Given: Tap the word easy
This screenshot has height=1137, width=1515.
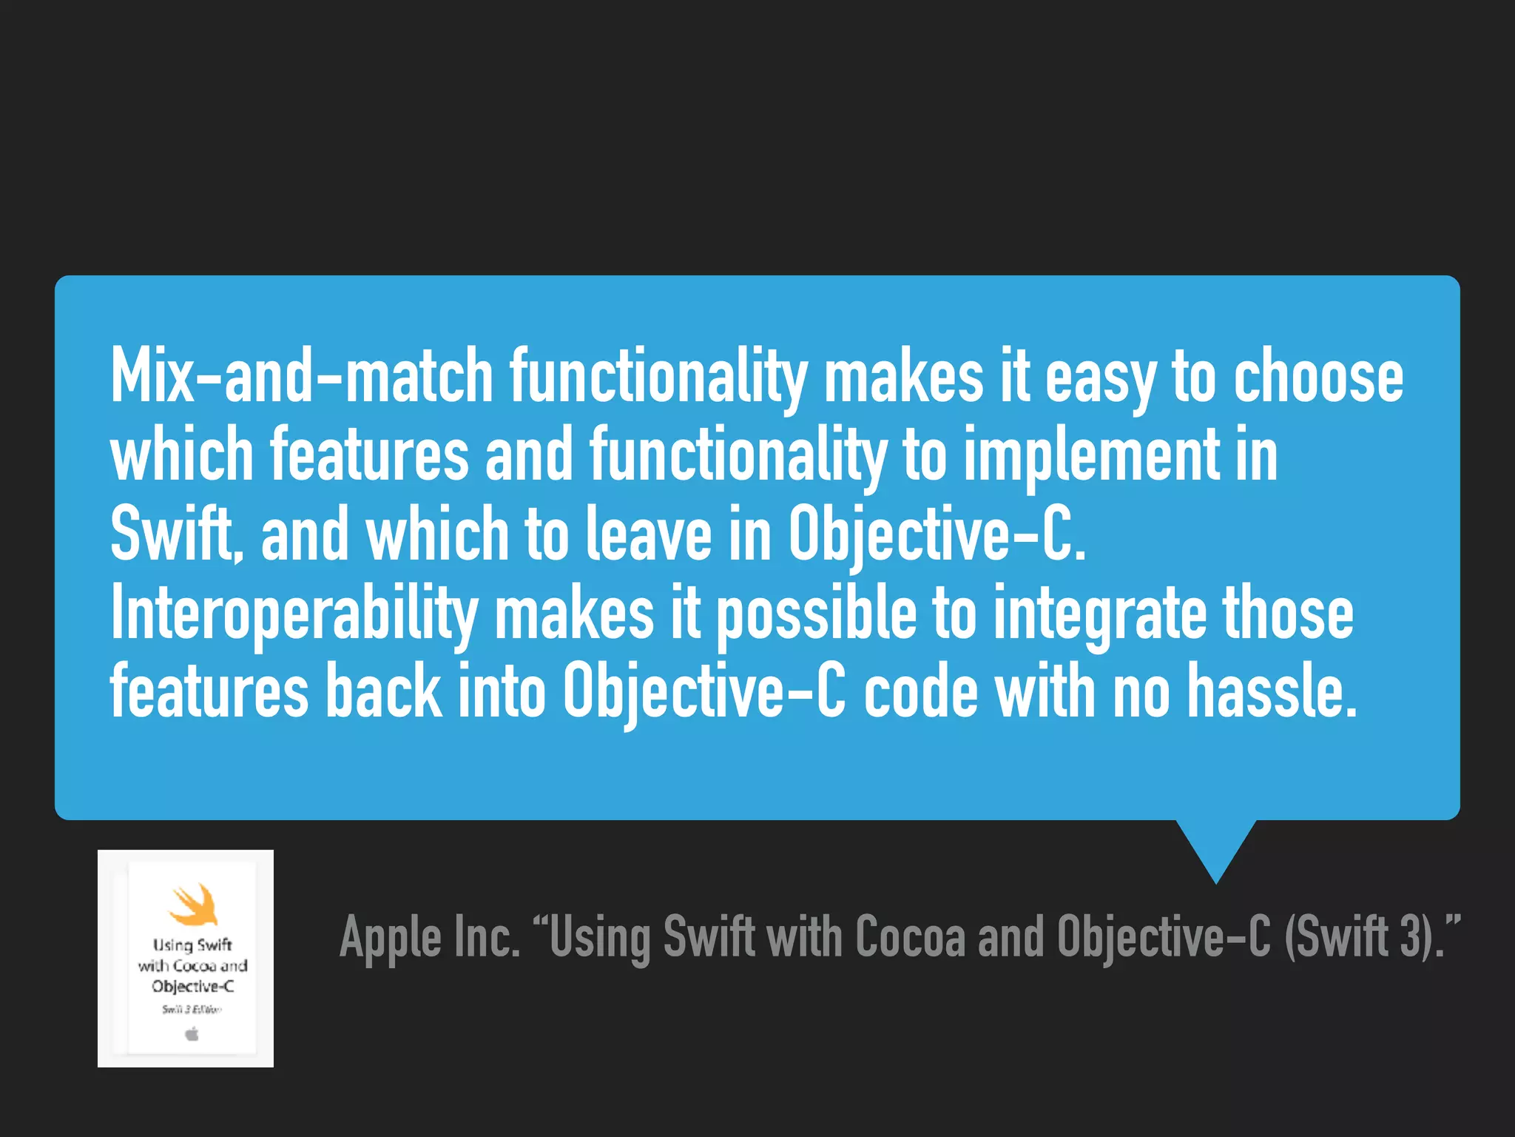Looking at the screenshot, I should click(x=1100, y=378).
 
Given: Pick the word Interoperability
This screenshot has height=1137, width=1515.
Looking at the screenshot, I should click(x=294, y=614).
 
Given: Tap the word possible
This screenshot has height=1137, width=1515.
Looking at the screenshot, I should click(x=816, y=614).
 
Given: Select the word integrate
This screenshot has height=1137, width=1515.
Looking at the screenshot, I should click(x=1099, y=614).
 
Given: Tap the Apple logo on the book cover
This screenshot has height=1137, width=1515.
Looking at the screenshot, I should click(x=192, y=1033).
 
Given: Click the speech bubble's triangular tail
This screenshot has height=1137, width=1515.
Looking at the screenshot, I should click(x=1215, y=848).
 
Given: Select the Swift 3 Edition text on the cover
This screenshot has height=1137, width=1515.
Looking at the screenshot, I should click(x=192, y=1009).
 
